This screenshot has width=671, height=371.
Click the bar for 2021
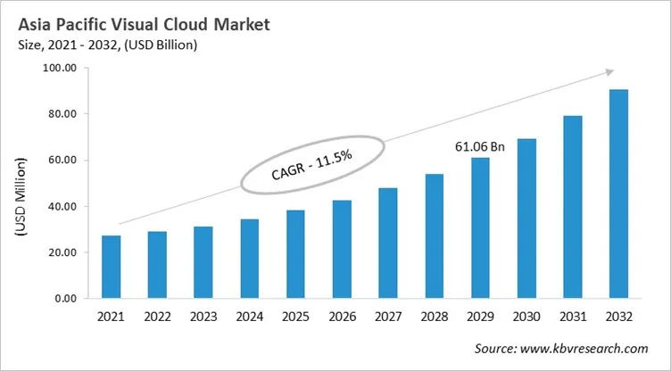pyautogui.click(x=112, y=267)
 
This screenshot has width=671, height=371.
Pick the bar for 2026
pyautogui.click(x=342, y=249)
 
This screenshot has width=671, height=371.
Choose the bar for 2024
pyautogui.click(x=250, y=259)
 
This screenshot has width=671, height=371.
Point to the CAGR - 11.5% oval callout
pyautogui.click(x=311, y=164)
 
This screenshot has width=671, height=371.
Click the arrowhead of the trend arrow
pyautogui.click(x=609, y=72)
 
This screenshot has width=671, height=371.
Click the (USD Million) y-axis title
pyautogui.click(x=21, y=194)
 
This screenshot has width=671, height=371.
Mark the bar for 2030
pyautogui.click(x=526, y=218)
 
